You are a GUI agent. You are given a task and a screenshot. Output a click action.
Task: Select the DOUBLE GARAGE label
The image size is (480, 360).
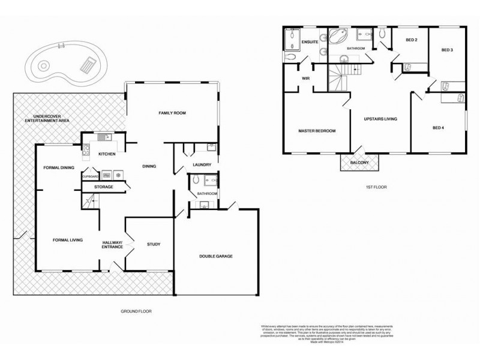tap(216, 256)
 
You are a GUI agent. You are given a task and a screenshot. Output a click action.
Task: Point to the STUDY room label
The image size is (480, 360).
tap(154, 244)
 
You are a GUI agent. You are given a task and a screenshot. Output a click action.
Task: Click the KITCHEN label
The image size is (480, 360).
tap(107, 154)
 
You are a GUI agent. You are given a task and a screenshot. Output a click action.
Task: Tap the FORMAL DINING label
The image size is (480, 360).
tap(58, 167)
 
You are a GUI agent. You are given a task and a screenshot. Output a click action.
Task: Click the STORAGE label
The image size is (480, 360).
tap(103, 187)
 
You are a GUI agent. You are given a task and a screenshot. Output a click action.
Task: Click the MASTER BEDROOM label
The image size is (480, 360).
tap(317, 131)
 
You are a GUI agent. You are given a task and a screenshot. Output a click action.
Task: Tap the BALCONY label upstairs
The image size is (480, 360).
tap(359, 162)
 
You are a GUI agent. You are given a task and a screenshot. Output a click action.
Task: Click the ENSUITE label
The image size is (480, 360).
tap(310, 42)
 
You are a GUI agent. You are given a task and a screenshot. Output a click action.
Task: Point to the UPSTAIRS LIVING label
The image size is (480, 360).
tap(382, 119)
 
